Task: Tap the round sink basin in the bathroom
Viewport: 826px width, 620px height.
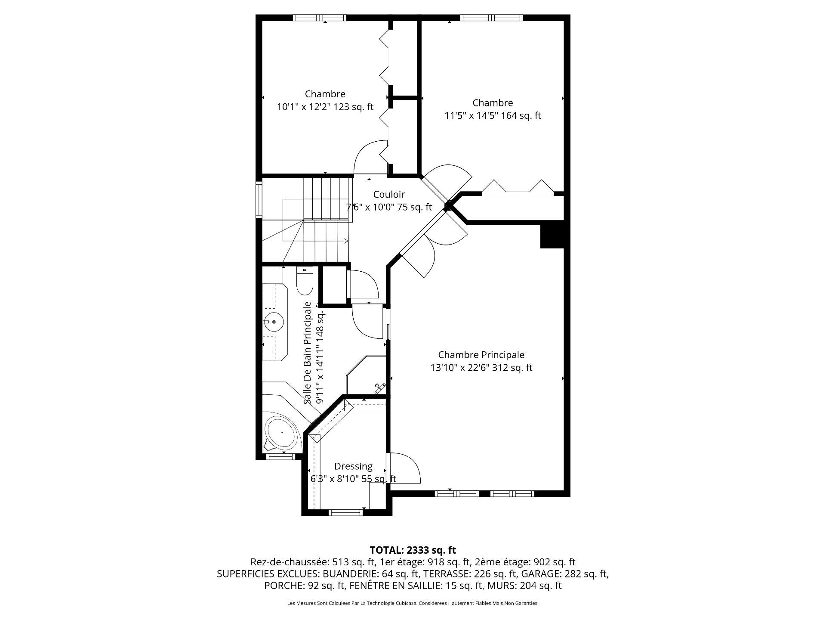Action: click(273, 322)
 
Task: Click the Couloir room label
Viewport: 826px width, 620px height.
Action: click(389, 195)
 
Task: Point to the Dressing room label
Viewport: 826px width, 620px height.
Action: click(354, 466)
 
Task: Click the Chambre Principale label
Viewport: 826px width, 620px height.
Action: click(481, 355)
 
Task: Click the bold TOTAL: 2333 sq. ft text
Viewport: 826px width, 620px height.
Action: click(413, 550)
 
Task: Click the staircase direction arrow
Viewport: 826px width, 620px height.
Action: click(346, 241)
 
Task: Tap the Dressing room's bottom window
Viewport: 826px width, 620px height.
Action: click(346, 512)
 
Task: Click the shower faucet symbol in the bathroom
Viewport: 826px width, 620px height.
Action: click(379, 388)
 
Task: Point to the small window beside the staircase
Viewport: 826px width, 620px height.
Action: click(259, 199)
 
